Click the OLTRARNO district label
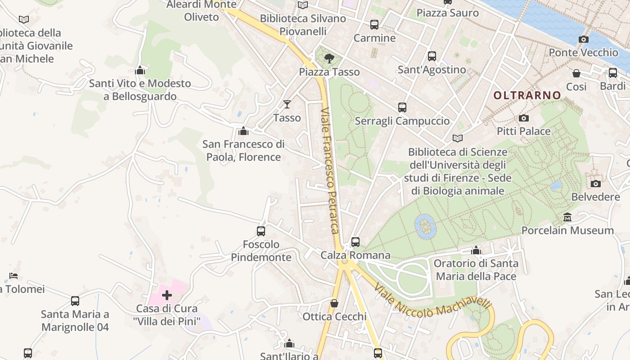tap(527, 95)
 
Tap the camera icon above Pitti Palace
tap(524, 118)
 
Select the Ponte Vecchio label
tap(583, 53)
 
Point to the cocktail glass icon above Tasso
tap(287, 105)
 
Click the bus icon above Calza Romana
tap(355, 242)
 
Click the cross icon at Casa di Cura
tap(167, 295)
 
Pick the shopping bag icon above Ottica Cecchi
tap(334, 304)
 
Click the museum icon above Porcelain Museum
tap(567, 218)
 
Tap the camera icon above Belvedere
tap(595, 184)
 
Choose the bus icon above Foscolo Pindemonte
tap(261, 231)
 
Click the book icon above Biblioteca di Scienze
tap(458, 139)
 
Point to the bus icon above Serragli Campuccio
tap(402, 108)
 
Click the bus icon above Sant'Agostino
tap(432, 56)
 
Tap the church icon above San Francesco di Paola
tap(243, 131)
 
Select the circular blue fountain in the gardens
tap(425, 226)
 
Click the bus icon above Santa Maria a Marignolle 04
tap(75, 301)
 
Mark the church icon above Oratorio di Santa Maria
tap(476, 250)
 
